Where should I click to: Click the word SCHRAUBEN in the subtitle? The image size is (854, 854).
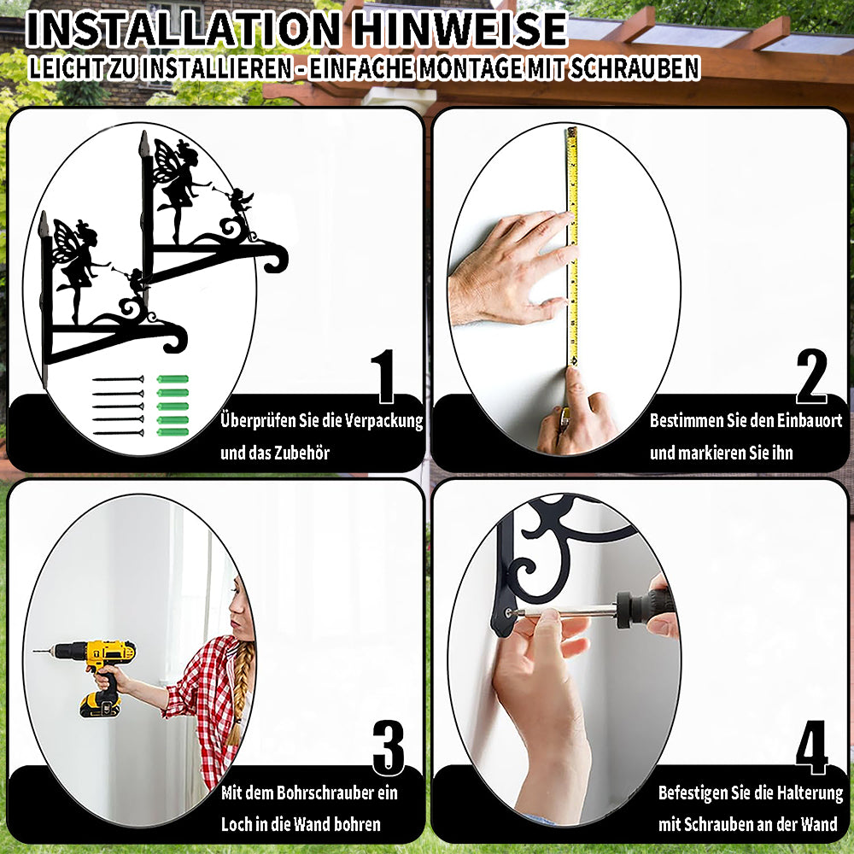[634, 68]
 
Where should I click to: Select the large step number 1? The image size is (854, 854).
[383, 376]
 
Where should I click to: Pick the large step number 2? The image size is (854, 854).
[811, 376]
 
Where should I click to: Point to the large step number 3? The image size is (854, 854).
[389, 747]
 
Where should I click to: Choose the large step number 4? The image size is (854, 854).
[811, 747]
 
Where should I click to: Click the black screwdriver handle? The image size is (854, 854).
[646, 607]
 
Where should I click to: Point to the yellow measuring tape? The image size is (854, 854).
[572, 246]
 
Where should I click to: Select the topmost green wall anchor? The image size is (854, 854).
[173, 379]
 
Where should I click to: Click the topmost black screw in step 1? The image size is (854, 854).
[118, 379]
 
